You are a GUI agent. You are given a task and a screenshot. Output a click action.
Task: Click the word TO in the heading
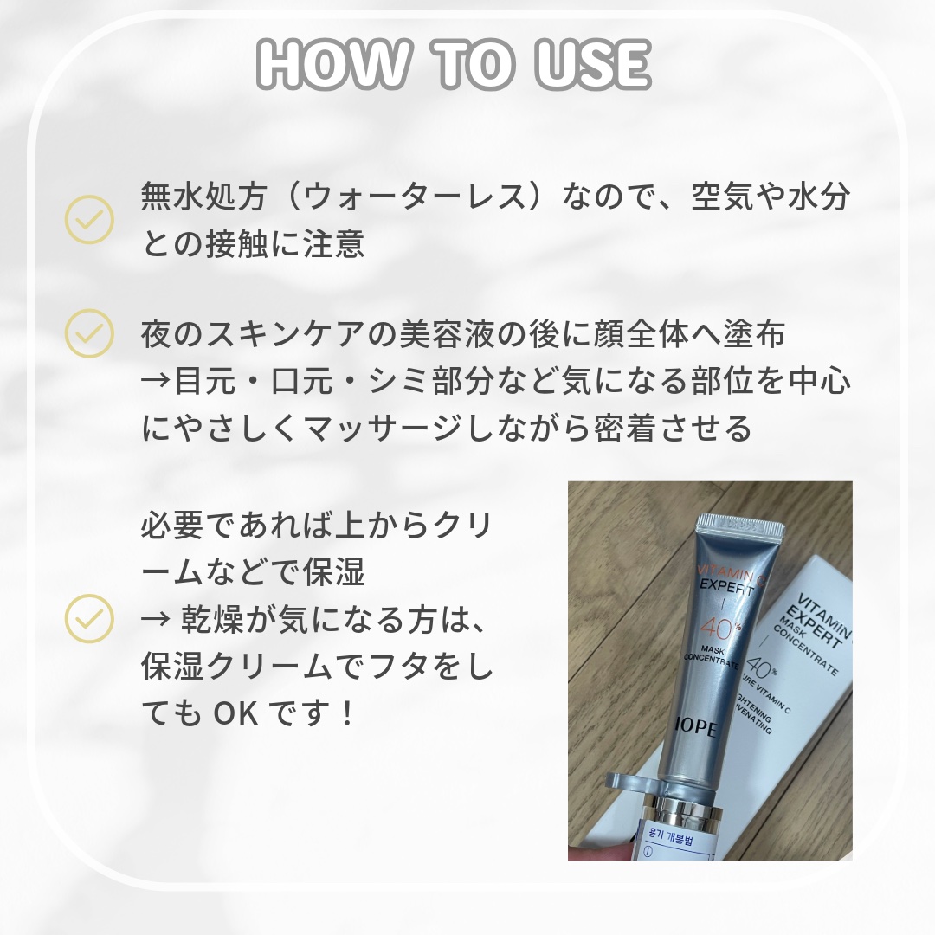coord(459,64)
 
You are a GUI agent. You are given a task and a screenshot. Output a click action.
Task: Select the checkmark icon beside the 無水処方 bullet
coord(89,220)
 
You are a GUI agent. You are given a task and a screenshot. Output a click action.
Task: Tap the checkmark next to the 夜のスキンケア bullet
coord(89,333)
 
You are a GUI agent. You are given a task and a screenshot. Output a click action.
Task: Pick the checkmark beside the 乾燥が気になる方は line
coord(89,617)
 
